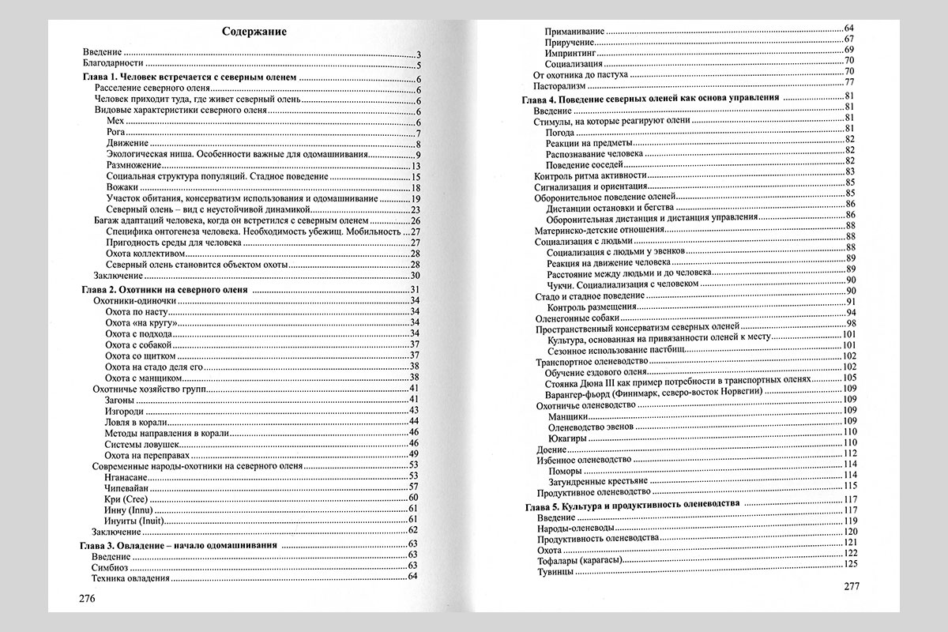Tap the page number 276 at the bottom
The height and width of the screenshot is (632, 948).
(87, 598)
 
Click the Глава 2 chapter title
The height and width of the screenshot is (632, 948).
(166, 291)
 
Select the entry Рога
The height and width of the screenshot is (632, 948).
(115, 132)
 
